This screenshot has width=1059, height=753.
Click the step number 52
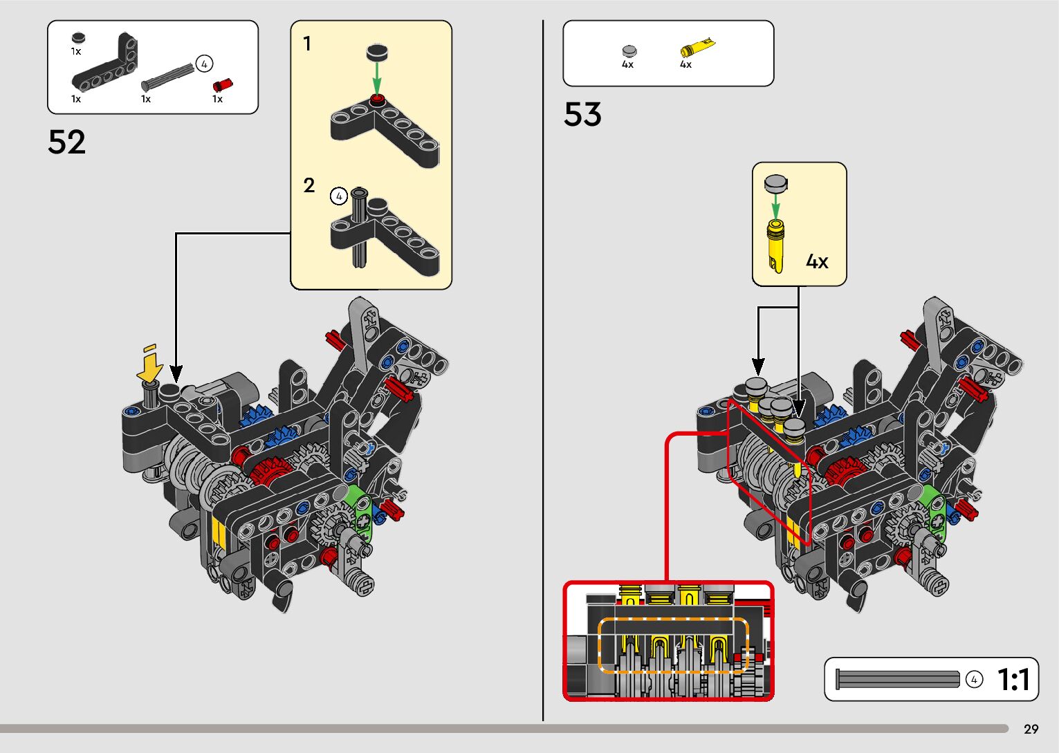tap(67, 142)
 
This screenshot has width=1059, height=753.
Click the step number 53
tap(582, 115)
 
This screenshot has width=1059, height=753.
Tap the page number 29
tap(1031, 729)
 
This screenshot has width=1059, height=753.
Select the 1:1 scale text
tap(1014, 680)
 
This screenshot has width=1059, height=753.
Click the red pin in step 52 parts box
tap(222, 86)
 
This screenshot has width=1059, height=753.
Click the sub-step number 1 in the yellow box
tap(307, 44)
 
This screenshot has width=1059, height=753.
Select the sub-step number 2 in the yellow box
tap(309, 185)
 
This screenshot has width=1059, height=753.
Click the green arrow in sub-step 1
tap(376, 75)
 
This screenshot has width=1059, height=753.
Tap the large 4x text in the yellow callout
tap(816, 261)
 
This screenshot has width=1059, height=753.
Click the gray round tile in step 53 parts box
tap(629, 51)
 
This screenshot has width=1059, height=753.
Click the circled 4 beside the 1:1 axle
tap(974, 680)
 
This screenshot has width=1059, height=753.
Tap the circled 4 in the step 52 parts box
tap(204, 64)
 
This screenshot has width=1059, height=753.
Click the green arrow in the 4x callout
tap(775, 204)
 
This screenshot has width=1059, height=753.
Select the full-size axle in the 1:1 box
tap(898, 679)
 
